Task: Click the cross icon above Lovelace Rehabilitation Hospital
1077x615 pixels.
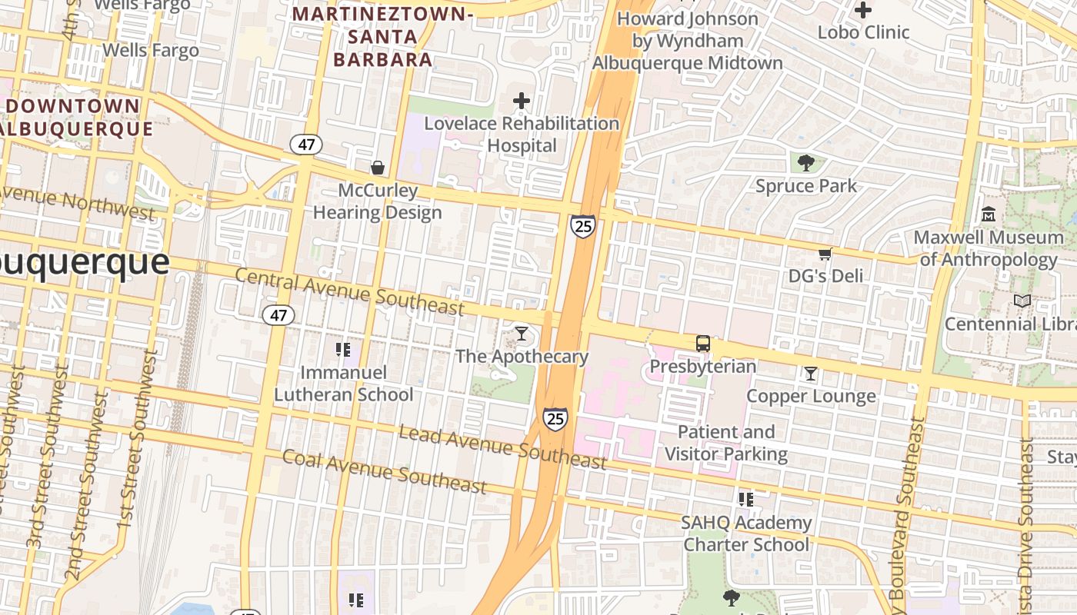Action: pyautogui.click(x=522, y=101)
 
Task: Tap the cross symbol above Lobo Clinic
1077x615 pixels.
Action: pyautogui.click(x=863, y=11)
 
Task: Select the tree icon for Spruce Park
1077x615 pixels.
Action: pyautogui.click(x=805, y=163)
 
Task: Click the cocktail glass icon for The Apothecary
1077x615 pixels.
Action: pyautogui.click(x=522, y=334)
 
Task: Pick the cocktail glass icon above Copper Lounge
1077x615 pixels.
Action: pyautogui.click(x=811, y=374)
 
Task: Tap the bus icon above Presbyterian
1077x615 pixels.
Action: pyautogui.click(x=703, y=344)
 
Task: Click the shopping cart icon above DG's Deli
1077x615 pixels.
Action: pyautogui.click(x=825, y=254)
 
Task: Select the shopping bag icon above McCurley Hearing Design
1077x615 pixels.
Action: pyautogui.click(x=378, y=168)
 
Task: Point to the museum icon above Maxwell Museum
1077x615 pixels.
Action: pyautogui.click(x=989, y=214)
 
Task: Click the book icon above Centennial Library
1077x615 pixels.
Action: pyautogui.click(x=1022, y=301)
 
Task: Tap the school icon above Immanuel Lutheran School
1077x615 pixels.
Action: pyautogui.click(x=343, y=350)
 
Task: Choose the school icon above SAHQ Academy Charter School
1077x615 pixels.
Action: pyautogui.click(x=745, y=500)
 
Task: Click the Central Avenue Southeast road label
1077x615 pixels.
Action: pyautogui.click(x=350, y=291)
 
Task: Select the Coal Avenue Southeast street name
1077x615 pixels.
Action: pyautogui.click(x=384, y=471)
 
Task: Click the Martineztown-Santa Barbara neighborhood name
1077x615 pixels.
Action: pyautogui.click(x=382, y=36)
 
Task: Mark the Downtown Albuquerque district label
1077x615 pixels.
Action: pyautogui.click(x=75, y=117)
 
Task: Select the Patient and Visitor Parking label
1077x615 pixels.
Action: pyautogui.click(x=725, y=443)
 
